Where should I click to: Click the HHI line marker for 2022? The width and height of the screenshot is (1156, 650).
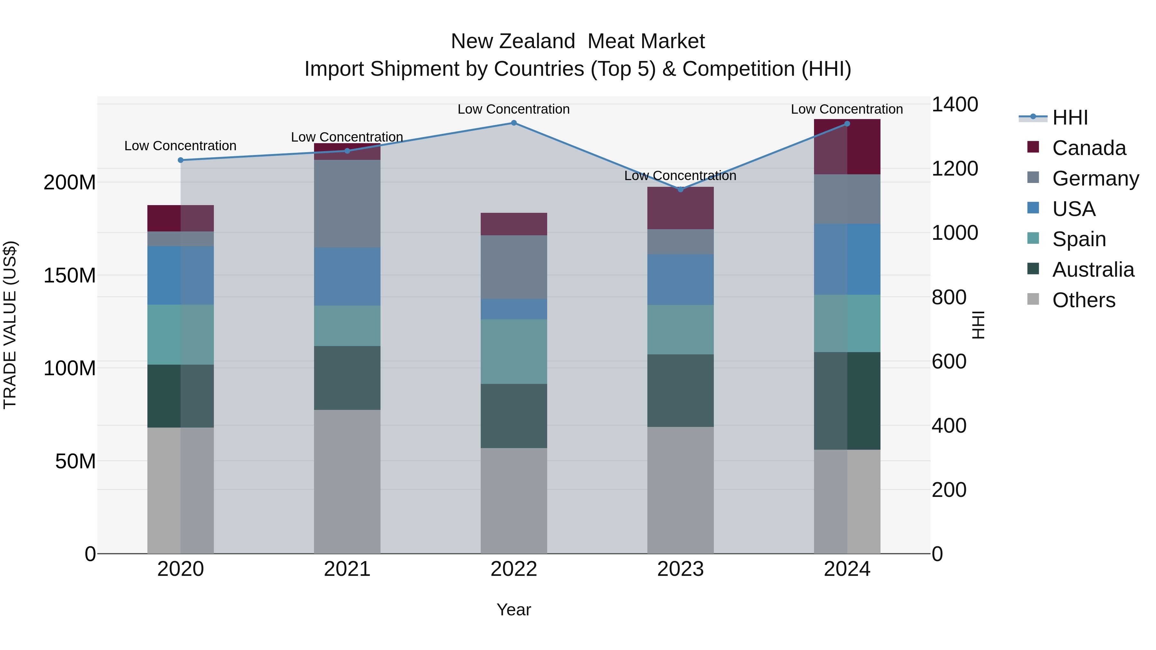tap(514, 123)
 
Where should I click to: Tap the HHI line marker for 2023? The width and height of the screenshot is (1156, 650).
tap(680, 189)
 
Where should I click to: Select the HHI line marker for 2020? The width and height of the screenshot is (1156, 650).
tap(180, 160)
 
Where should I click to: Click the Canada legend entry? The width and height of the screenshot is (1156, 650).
tap(1089, 148)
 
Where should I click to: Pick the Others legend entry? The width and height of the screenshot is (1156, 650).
tap(1083, 300)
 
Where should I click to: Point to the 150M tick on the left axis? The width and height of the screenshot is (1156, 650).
tap(70, 275)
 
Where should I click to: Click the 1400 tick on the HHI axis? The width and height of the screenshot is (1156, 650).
tap(955, 105)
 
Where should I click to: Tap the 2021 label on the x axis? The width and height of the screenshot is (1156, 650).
tap(347, 569)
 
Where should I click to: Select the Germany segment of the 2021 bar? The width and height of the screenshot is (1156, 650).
tap(347, 204)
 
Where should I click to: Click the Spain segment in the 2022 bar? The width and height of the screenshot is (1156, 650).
tap(514, 352)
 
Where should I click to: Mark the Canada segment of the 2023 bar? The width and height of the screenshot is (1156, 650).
tap(680, 208)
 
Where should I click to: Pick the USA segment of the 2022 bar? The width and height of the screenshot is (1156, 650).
tap(514, 309)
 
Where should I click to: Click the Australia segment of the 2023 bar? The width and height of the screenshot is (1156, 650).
tap(680, 390)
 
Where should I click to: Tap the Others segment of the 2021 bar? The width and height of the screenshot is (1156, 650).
tap(347, 481)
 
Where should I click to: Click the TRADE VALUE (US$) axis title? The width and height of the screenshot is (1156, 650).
tap(10, 325)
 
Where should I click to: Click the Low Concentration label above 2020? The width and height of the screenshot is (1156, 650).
tap(180, 146)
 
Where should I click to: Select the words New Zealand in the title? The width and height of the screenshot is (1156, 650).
tap(513, 41)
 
